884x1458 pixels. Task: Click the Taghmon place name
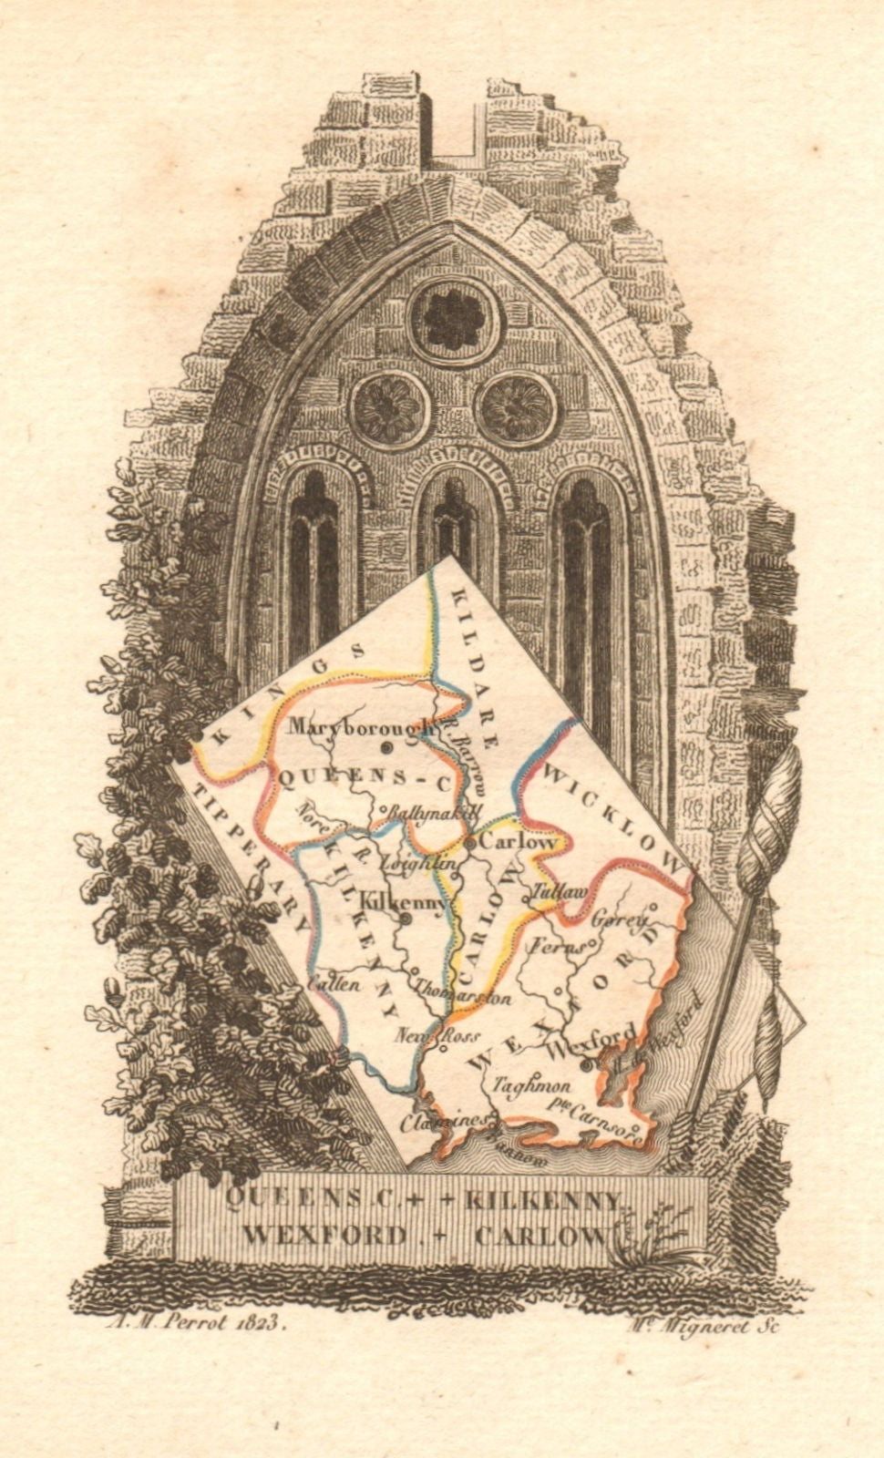pyautogui.click(x=531, y=1085)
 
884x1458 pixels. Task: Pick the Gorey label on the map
pyautogui.click(x=620, y=920)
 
